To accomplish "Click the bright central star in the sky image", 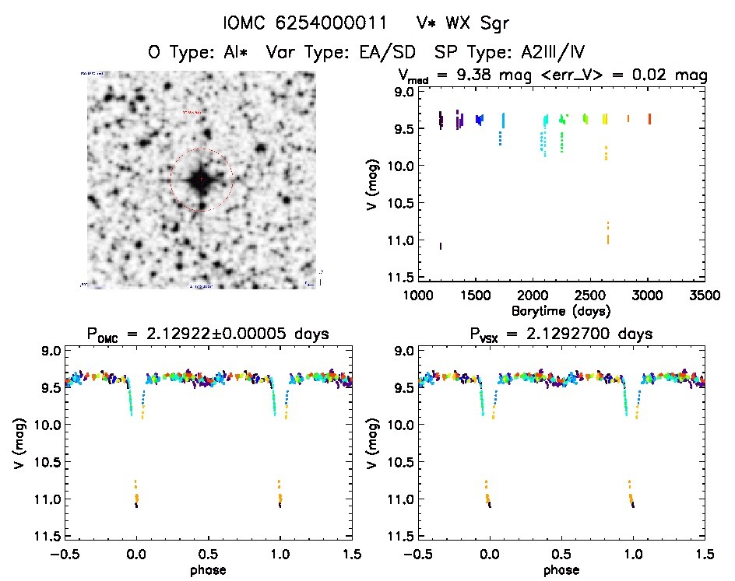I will point(201,180).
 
